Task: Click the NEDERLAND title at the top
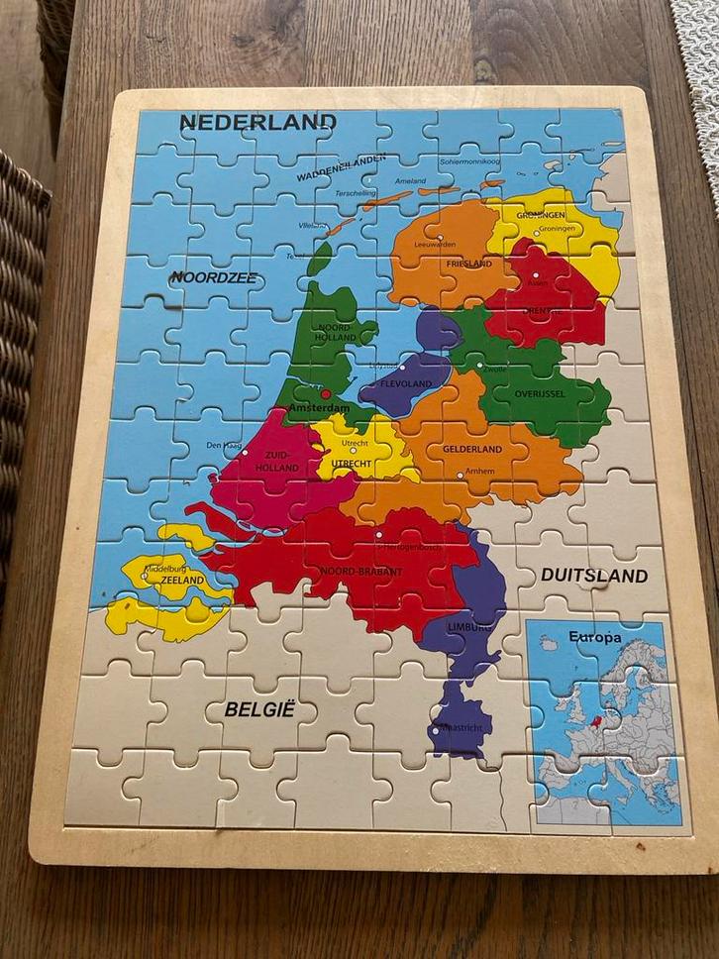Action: pyautogui.click(x=257, y=123)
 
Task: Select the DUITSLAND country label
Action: pyautogui.click(x=594, y=576)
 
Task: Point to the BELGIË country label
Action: pyautogui.click(x=260, y=709)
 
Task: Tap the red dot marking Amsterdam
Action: pyautogui.click(x=325, y=393)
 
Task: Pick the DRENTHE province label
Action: pyautogui.click(x=542, y=311)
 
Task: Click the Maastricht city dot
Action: pyautogui.click(x=435, y=731)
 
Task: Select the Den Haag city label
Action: pyautogui.click(x=224, y=446)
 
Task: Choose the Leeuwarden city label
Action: pyautogui.click(x=435, y=243)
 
